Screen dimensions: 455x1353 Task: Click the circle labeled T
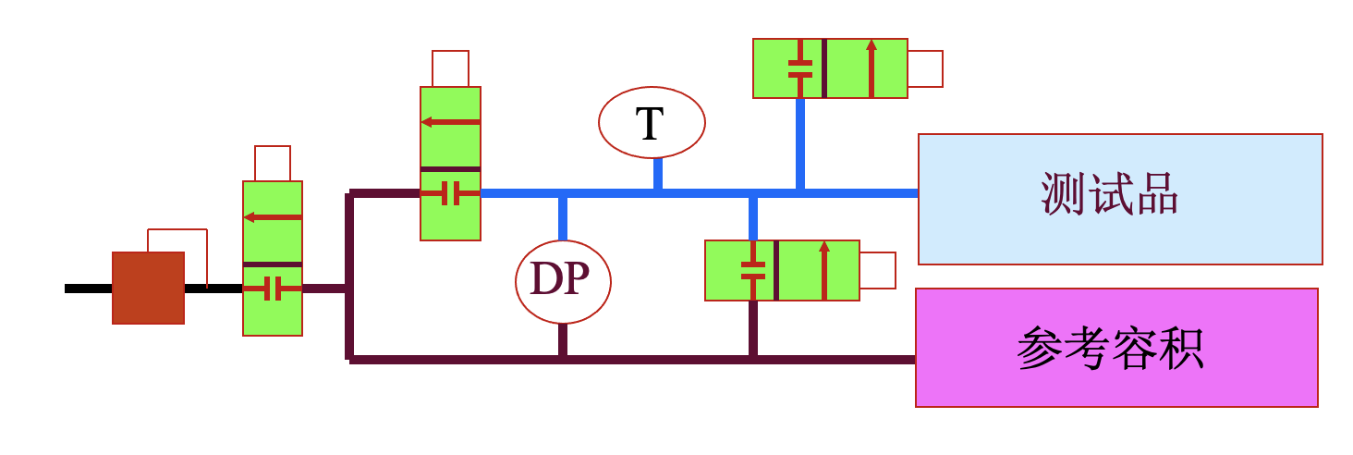[652, 123]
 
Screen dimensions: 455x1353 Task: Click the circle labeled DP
[563, 280]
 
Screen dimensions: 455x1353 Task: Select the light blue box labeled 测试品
[1120, 199]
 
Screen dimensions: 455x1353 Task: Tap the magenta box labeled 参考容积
[1116, 347]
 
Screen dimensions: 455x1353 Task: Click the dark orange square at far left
[148, 288]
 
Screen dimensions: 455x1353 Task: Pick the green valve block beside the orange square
[273, 258]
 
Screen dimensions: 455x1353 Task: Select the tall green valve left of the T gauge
[450, 164]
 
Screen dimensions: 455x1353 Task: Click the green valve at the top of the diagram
[829, 68]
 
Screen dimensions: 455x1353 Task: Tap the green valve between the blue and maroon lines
[782, 270]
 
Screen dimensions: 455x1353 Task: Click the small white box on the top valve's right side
[924, 68]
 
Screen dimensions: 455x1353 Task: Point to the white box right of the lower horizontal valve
[877, 270]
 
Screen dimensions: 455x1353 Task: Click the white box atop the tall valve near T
[450, 68]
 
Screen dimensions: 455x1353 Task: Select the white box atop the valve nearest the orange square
[273, 163]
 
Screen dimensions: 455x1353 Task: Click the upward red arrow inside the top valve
[871, 68]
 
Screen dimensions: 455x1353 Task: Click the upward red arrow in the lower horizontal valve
[824, 270]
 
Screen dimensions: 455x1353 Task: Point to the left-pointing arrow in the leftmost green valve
[273, 217]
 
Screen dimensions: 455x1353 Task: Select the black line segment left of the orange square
[88, 289]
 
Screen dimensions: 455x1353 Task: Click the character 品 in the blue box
[1158, 196]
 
